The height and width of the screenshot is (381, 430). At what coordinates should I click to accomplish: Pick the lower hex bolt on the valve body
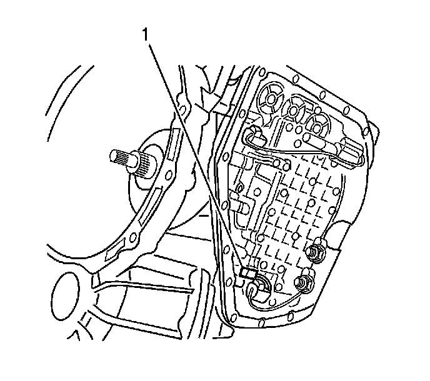307,284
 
